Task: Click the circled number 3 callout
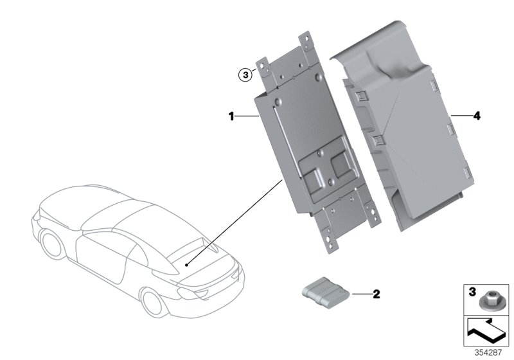[244, 75]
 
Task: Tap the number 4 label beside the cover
[476, 116]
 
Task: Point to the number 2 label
[377, 295]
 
